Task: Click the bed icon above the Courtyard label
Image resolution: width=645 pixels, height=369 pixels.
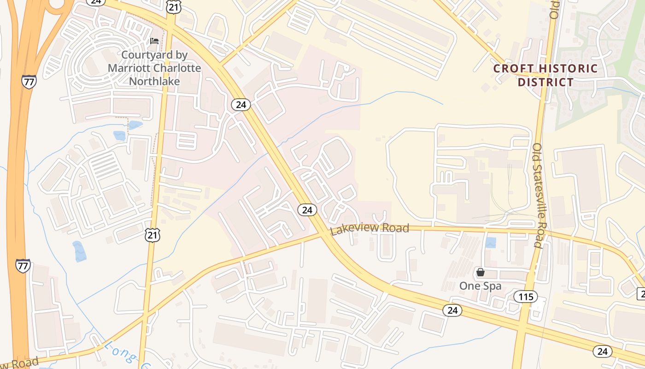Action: tap(154, 42)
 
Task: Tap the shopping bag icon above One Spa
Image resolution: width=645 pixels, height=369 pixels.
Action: tap(481, 272)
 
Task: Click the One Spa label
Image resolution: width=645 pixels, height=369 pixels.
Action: tap(480, 286)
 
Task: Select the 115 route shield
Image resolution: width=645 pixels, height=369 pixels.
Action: tap(526, 297)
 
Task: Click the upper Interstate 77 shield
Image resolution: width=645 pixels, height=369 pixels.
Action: tap(29, 82)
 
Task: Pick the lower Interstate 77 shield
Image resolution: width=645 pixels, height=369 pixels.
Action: tap(23, 266)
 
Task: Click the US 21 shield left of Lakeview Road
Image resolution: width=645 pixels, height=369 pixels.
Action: tap(152, 235)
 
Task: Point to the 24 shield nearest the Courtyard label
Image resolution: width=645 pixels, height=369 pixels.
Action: tap(241, 105)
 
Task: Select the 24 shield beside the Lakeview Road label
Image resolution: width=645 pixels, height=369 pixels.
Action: tap(307, 210)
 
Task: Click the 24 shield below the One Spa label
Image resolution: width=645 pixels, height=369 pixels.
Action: tap(452, 310)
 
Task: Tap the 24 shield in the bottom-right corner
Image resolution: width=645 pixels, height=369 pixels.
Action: tap(602, 351)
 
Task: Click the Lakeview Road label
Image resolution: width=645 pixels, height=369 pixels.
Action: tap(369, 229)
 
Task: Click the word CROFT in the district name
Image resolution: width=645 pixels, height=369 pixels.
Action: tap(512, 69)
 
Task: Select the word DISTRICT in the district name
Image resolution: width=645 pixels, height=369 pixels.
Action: tap(546, 83)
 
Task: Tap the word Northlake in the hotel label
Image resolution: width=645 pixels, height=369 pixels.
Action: tap(154, 81)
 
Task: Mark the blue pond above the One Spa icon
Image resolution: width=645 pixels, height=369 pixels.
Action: tap(491, 242)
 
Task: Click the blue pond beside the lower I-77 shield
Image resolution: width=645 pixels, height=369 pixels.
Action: tap(79, 251)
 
